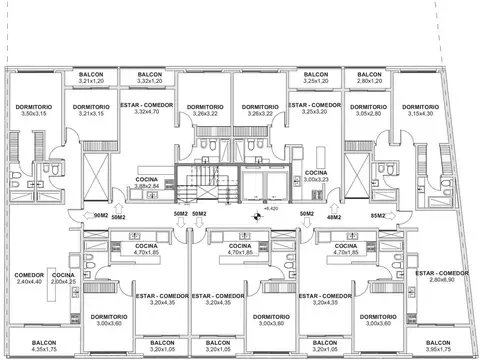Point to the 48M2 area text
tap(333, 215)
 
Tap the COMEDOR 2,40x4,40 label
tap(27, 279)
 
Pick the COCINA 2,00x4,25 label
tap(63, 279)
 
